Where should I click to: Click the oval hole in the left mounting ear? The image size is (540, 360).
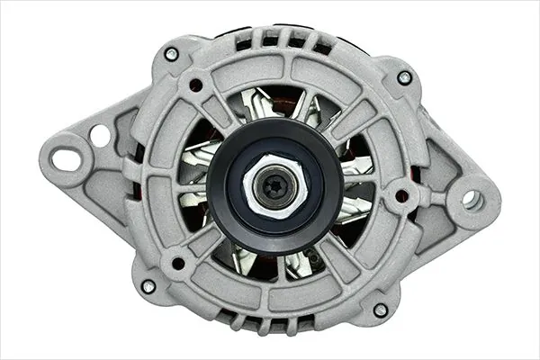[x=65, y=159]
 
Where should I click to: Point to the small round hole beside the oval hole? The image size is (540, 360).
[x=99, y=135]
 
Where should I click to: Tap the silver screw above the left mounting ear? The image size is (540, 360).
[x=171, y=53]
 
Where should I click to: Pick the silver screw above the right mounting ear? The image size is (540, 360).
[x=404, y=77]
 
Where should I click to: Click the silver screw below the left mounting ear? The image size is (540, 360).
[x=148, y=286]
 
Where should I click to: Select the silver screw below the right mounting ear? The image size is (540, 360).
[x=381, y=310]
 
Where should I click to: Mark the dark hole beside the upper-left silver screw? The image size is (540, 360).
[x=193, y=85]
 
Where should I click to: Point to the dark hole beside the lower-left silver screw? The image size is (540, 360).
[x=178, y=264]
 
